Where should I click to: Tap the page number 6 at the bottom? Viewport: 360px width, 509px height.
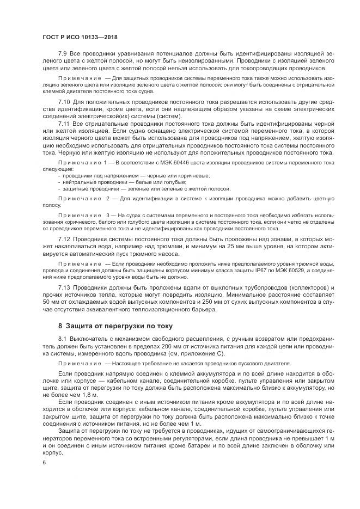[x=43, y=462]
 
